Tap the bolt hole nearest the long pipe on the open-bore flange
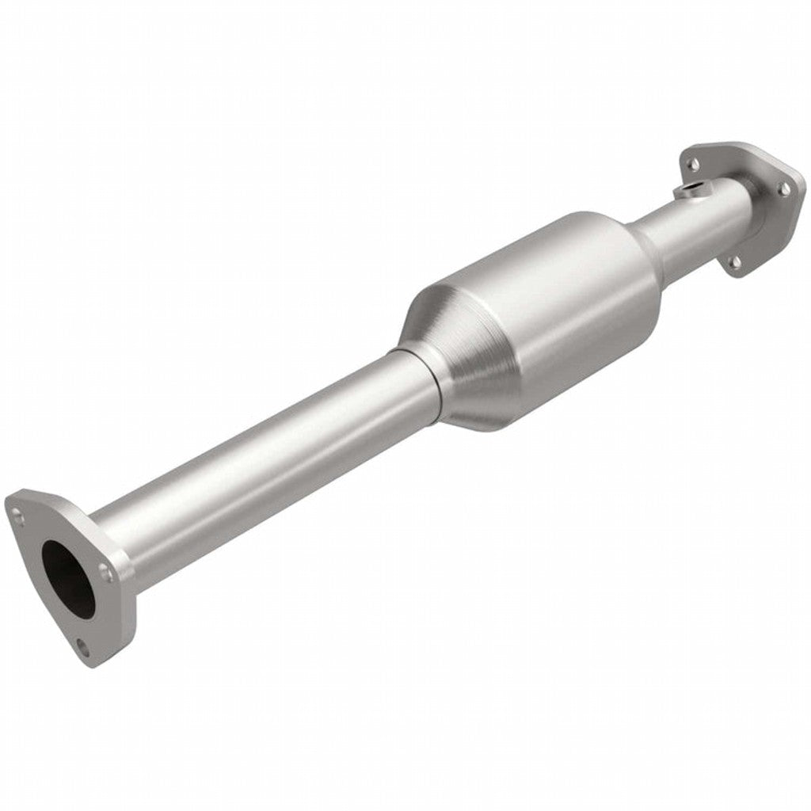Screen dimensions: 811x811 pos(104,569)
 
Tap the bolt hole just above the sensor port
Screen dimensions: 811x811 pos(693,163)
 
